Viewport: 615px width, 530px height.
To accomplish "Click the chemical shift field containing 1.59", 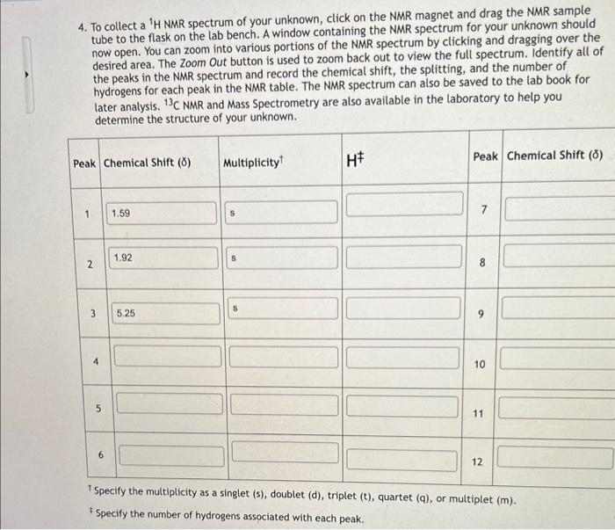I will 163,213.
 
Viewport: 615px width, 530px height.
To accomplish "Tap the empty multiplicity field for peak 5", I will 283,406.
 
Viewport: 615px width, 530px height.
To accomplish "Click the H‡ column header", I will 356,160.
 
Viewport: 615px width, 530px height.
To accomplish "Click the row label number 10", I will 479,363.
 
